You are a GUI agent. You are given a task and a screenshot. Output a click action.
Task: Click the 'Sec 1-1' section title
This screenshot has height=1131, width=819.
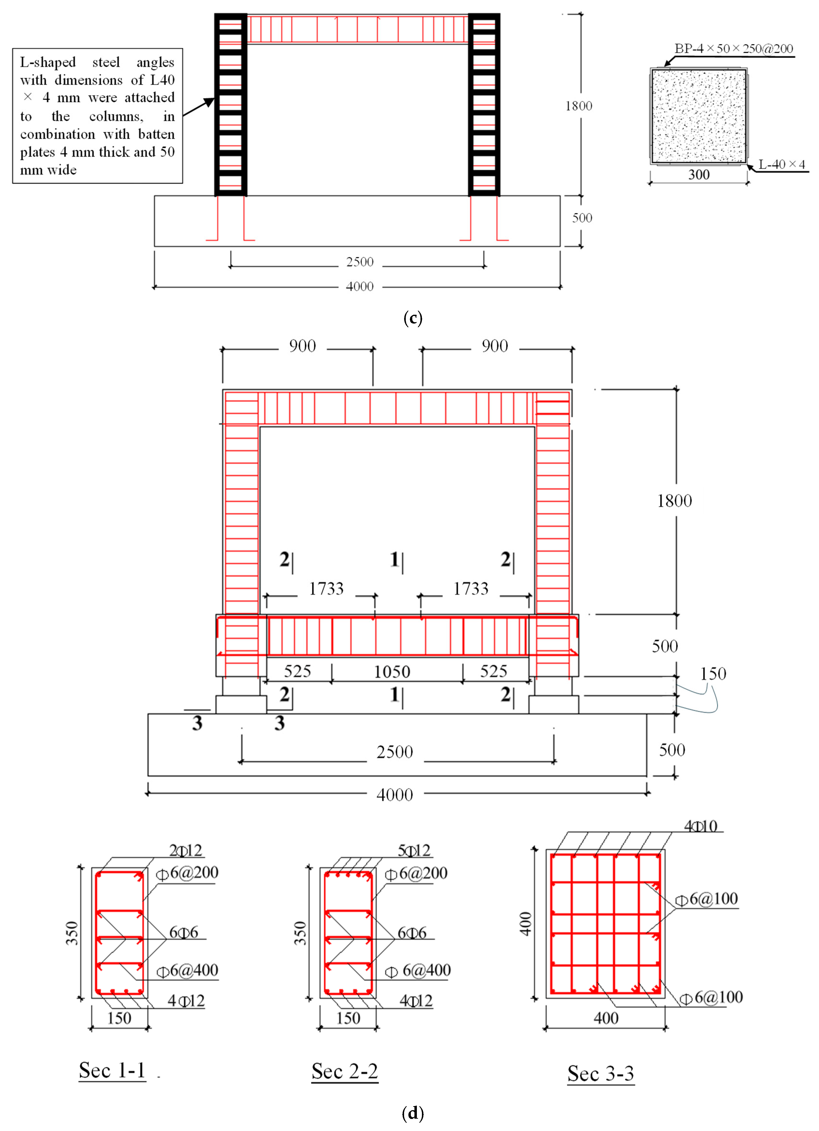pyautogui.click(x=112, y=1071)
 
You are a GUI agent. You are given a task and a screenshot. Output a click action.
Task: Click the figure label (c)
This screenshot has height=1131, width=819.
pyautogui.click(x=413, y=318)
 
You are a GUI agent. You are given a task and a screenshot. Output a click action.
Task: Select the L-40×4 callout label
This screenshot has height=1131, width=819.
pyautogui.click(x=782, y=165)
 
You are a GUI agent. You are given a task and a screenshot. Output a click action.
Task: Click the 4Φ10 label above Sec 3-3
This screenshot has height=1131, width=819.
pyautogui.click(x=700, y=827)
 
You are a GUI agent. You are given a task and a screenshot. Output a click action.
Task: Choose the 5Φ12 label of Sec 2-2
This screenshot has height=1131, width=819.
pyautogui.click(x=413, y=850)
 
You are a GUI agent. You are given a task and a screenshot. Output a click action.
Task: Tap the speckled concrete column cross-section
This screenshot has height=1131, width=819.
pyautogui.click(x=699, y=116)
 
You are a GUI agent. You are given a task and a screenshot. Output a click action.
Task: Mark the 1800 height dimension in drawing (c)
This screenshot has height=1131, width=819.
pyautogui.click(x=579, y=106)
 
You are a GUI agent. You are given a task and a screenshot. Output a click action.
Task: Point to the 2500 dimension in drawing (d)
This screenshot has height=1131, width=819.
pyautogui.click(x=395, y=752)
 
